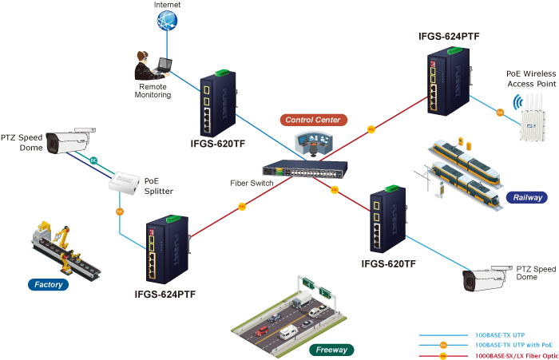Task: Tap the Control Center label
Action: [314, 120]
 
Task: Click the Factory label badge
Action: [50, 283]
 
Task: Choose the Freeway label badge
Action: [331, 350]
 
